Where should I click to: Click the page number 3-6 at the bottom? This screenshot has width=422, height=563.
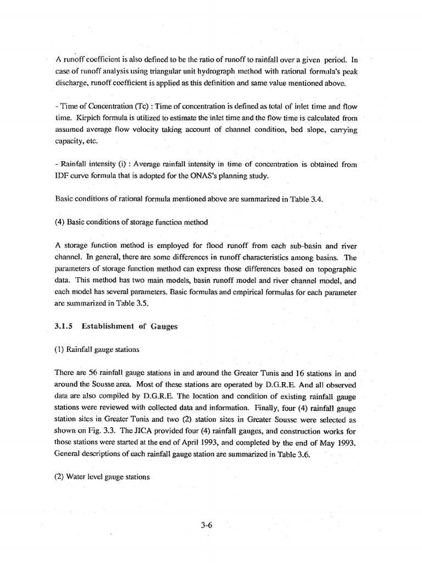click(x=206, y=525)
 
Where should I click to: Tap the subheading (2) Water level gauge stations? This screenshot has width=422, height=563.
click(x=102, y=477)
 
